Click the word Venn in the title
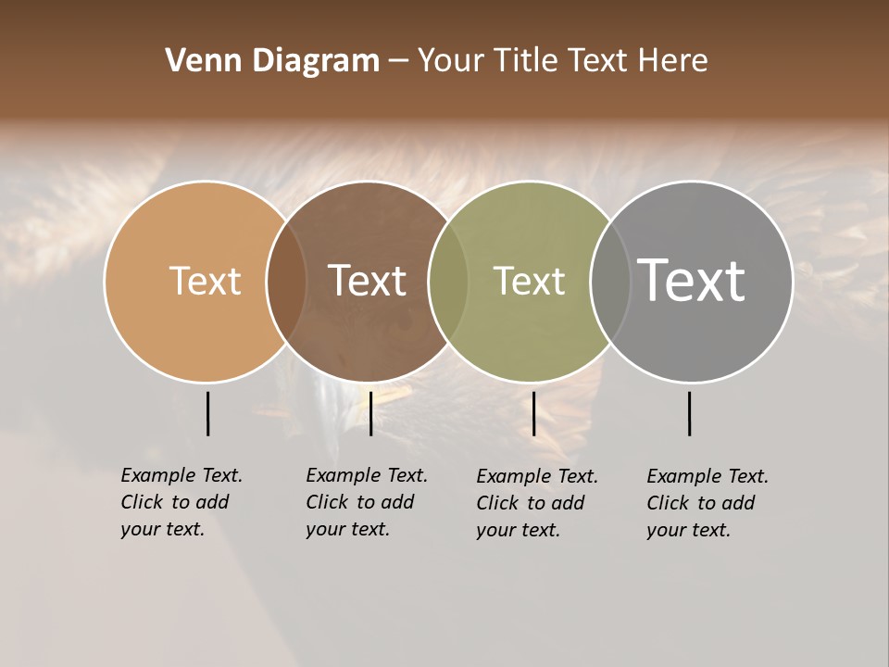(194, 61)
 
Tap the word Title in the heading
(529, 61)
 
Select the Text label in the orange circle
(205, 281)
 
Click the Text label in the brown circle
(367, 281)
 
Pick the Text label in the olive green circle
(529, 281)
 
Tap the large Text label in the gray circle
(691, 281)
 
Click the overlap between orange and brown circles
(286, 281)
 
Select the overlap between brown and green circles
(448, 281)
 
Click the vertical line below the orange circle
(207, 413)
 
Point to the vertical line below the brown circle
(370, 413)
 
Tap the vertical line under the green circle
(533, 413)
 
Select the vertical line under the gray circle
(690, 413)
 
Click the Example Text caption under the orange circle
(181, 502)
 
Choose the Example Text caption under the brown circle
(366, 502)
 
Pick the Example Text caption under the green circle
(536, 503)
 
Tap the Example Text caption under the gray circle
(707, 503)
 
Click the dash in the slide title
(398, 62)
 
